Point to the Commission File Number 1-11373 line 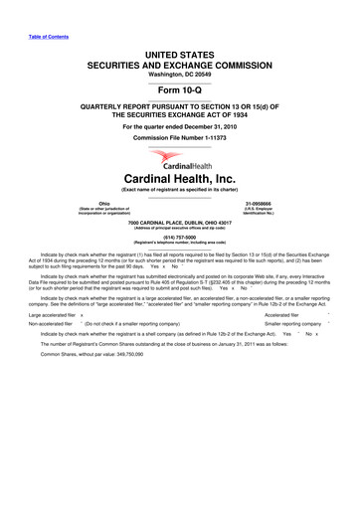click(x=180, y=137)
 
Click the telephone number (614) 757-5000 click(x=180, y=239)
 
